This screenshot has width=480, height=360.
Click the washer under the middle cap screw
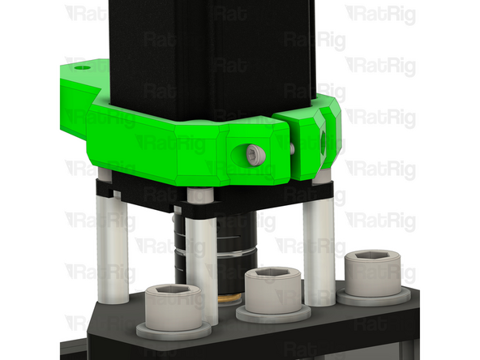(274, 313)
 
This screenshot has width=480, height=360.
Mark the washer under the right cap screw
(372, 298)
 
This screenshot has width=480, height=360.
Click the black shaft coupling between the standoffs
(235, 243)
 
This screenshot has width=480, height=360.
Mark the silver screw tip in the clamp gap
(291, 149)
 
